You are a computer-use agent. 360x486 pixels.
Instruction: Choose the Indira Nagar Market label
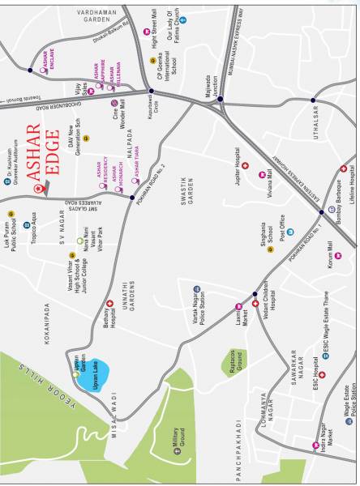click(x=321, y=442)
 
